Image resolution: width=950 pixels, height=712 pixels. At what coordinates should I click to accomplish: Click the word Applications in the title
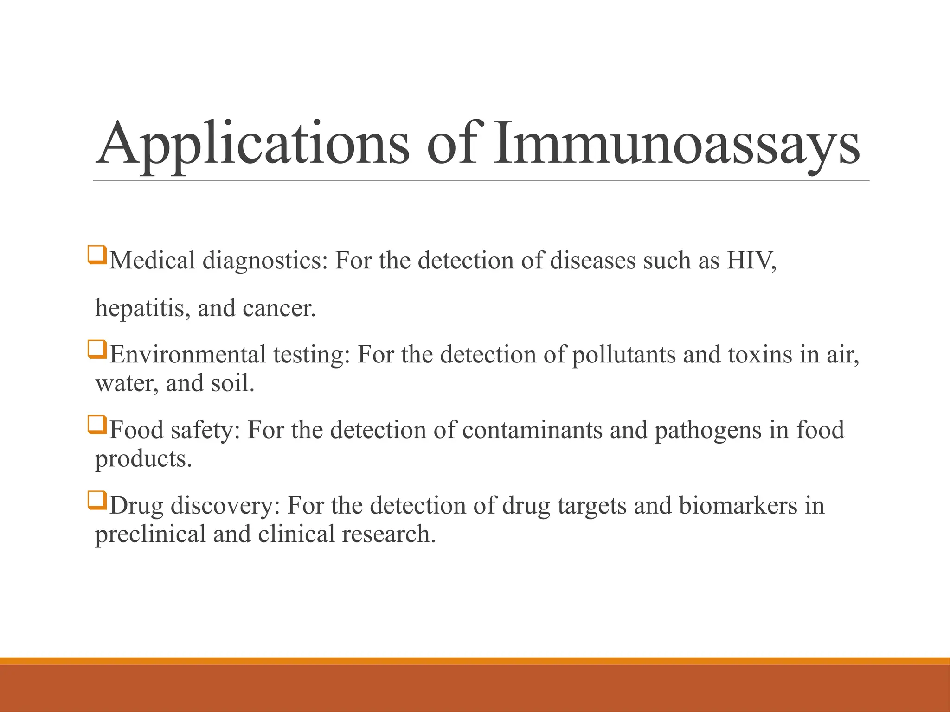coord(253,144)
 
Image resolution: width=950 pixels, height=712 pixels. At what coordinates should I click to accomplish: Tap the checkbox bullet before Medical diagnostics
coord(97,255)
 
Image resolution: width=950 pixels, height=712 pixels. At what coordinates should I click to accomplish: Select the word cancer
coord(278,308)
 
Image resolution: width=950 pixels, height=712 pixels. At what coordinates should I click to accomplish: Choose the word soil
coord(232,384)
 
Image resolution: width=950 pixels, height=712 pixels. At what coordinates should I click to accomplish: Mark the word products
coord(143,459)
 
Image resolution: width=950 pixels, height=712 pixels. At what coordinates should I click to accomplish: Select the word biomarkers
coord(738,506)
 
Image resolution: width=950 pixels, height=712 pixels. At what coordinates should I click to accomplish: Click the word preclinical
coord(150,534)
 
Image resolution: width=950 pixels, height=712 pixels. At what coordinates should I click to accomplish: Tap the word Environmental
coord(187,355)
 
